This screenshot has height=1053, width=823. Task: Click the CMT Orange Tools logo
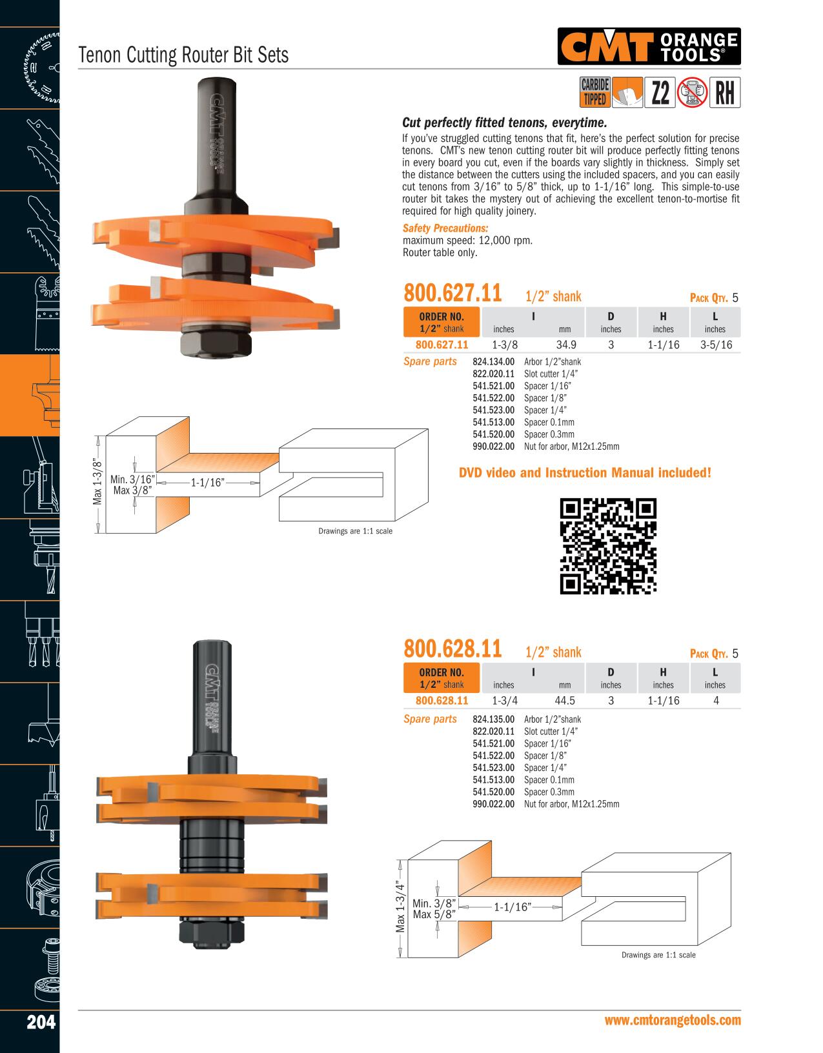pos(649,46)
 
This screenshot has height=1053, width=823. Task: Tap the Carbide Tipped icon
pos(595,92)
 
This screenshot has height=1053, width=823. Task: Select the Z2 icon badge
pos(660,92)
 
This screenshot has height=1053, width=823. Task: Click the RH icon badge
pos(725,92)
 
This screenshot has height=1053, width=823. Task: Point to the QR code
pos(608,546)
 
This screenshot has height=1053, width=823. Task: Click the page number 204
pos(41,1022)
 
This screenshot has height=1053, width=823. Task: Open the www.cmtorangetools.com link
pos(673,1020)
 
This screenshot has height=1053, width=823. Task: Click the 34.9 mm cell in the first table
pos(566,345)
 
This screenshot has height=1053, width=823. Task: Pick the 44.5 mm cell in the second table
pos(565,700)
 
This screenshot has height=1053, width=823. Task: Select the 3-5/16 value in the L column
pos(716,345)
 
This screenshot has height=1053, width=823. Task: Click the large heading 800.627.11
pos(452,293)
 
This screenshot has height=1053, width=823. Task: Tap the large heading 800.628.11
pos(452,648)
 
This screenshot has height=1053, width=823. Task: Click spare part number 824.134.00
pos(493,361)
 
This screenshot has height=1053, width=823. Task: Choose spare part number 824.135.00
pos(493,719)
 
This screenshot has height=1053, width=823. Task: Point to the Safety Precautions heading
pos(445,228)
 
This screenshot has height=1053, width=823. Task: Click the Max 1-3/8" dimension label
pos(97,482)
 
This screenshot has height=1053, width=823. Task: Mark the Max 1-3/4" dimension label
pos(400,906)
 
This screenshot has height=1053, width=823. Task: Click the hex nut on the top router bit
pos(216,343)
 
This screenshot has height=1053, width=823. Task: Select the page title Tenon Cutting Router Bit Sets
pos(183,55)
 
